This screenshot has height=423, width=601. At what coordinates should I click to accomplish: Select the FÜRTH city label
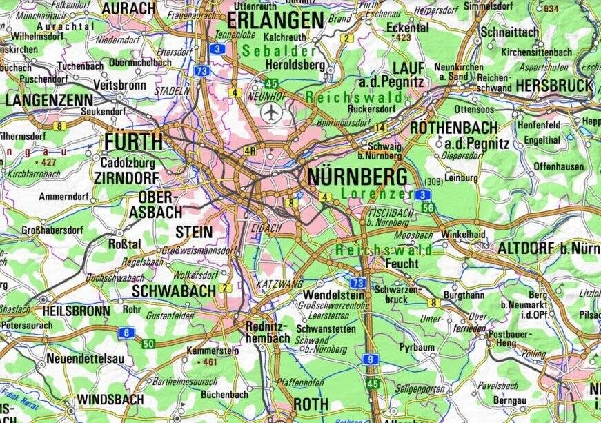tap(134, 142)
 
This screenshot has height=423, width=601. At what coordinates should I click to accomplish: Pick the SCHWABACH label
tap(174, 291)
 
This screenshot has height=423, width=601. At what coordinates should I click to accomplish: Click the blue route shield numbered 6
tap(126, 333)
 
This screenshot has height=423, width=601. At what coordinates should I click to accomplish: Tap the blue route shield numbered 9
tap(371, 359)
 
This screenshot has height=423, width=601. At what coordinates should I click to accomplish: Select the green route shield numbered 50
tap(148, 344)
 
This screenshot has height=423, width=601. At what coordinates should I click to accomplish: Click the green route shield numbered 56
tap(428, 208)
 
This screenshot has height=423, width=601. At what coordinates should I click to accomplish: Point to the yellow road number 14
tap(380, 128)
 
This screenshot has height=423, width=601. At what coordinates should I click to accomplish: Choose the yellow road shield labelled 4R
tap(250, 150)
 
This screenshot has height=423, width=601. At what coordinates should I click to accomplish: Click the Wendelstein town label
tap(333, 295)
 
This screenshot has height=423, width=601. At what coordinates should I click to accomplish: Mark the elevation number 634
tap(551, 8)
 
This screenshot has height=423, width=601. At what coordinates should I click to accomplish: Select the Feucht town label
tap(402, 264)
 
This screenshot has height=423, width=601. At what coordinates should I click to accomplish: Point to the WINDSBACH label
tap(110, 400)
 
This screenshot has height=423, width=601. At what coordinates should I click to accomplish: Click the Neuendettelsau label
tap(86, 359)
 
